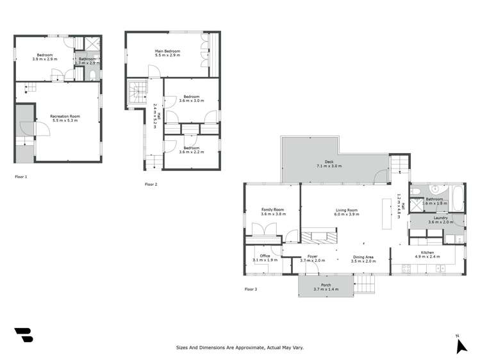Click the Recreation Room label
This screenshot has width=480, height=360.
tap(64, 116)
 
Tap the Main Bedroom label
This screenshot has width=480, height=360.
tap(167, 51)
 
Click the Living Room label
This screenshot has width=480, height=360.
tap(346, 209)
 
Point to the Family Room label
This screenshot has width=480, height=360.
tap(272, 209)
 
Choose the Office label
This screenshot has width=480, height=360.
tap(265, 256)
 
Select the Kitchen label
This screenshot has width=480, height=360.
tap(428, 252)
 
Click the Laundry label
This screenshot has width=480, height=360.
tap(440, 218)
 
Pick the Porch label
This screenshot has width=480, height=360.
tap(326, 284)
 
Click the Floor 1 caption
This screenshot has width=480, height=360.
tap(22, 176)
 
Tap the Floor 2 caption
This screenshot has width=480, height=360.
tap(151, 184)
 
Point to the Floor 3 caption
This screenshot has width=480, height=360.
tap(251, 290)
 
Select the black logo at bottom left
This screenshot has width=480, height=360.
tap(23, 337)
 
